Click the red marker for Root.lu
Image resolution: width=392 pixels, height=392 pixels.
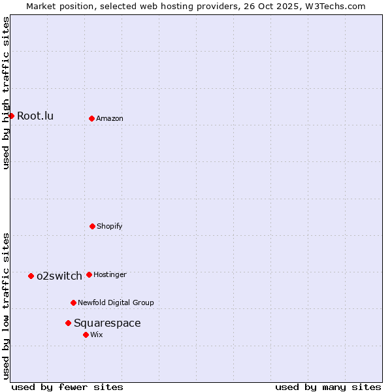click(11, 116)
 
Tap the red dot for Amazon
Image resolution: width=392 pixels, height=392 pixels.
click(91, 118)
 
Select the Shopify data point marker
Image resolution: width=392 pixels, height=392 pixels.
click(92, 226)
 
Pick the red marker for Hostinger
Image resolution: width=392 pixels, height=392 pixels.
click(89, 274)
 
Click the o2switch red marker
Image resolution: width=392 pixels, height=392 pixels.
click(31, 276)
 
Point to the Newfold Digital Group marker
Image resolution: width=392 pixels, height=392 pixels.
click(73, 302)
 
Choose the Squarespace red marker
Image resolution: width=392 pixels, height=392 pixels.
click(68, 323)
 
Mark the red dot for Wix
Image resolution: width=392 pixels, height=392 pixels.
click(86, 335)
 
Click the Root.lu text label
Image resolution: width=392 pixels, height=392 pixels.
click(35, 116)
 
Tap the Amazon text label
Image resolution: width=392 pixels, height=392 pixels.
click(110, 119)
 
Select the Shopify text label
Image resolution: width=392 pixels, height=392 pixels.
click(110, 227)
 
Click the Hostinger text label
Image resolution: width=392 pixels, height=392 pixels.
click(110, 275)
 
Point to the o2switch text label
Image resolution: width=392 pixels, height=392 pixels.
click(59, 276)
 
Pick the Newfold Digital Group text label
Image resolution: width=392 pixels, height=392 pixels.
click(116, 303)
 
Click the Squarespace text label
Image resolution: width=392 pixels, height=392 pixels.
click(107, 323)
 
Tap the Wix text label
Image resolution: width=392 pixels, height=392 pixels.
click(97, 335)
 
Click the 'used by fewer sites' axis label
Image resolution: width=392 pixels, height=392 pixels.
click(67, 387)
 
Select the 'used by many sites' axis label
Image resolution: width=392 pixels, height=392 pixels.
click(328, 387)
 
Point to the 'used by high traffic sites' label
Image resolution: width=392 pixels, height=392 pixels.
click(6, 93)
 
